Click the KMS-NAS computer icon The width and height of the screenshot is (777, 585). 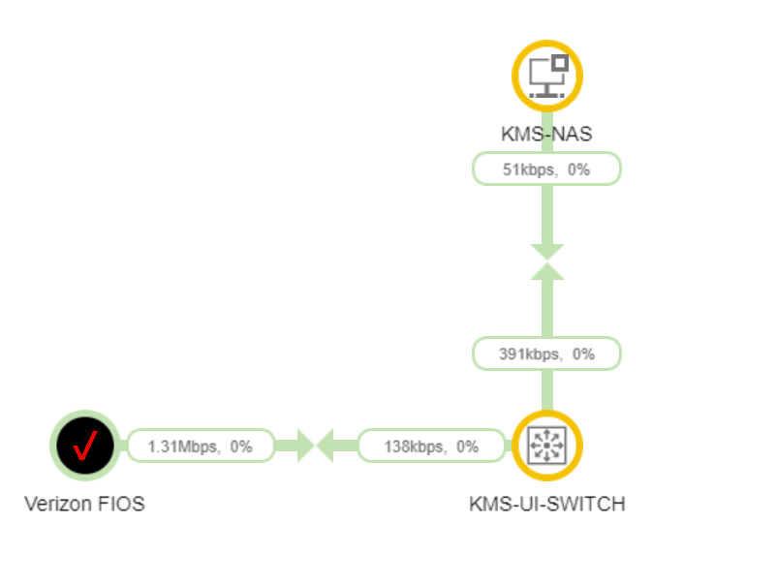[546, 76]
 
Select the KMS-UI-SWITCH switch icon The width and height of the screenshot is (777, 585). [546, 446]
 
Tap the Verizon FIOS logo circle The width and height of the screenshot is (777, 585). [85, 446]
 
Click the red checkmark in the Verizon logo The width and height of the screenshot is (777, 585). [85, 446]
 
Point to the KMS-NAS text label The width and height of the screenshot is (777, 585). [546, 133]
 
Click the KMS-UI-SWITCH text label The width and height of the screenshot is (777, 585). [546, 505]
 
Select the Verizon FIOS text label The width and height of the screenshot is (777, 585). [84, 505]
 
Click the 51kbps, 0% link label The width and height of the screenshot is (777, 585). [546, 169]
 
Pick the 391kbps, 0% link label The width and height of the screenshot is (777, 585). [546, 354]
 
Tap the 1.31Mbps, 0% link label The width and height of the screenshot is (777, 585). [201, 446]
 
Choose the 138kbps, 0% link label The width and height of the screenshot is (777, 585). [432, 446]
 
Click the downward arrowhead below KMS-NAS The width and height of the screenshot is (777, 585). [546, 251]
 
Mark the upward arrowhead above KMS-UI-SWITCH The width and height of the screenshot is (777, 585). [546, 271]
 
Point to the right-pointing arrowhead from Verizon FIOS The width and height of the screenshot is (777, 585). [303, 446]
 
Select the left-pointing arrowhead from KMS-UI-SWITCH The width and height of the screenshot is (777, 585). [327, 446]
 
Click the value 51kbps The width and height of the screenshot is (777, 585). [528, 169]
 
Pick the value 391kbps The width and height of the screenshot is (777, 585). [529, 354]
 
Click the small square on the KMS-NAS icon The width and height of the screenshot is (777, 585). [560, 63]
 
